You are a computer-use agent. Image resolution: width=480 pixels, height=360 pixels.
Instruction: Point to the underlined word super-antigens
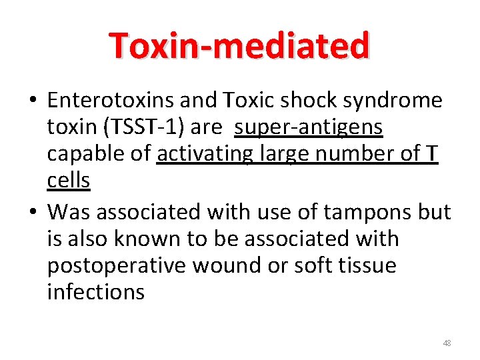(x=309, y=127)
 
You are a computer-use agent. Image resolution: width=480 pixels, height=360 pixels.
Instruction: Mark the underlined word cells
(x=69, y=180)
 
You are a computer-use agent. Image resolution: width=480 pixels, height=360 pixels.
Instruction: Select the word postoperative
(x=117, y=265)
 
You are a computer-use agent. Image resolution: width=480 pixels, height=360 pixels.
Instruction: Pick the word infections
(x=95, y=292)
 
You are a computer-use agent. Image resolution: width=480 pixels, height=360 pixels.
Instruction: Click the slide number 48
(x=447, y=343)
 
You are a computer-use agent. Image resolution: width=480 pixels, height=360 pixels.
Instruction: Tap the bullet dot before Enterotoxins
(x=33, y=101)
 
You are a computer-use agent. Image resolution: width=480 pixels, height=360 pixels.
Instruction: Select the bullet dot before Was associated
(x=33, y=213)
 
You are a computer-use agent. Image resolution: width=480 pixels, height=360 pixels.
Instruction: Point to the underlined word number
(x=345, y=153)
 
